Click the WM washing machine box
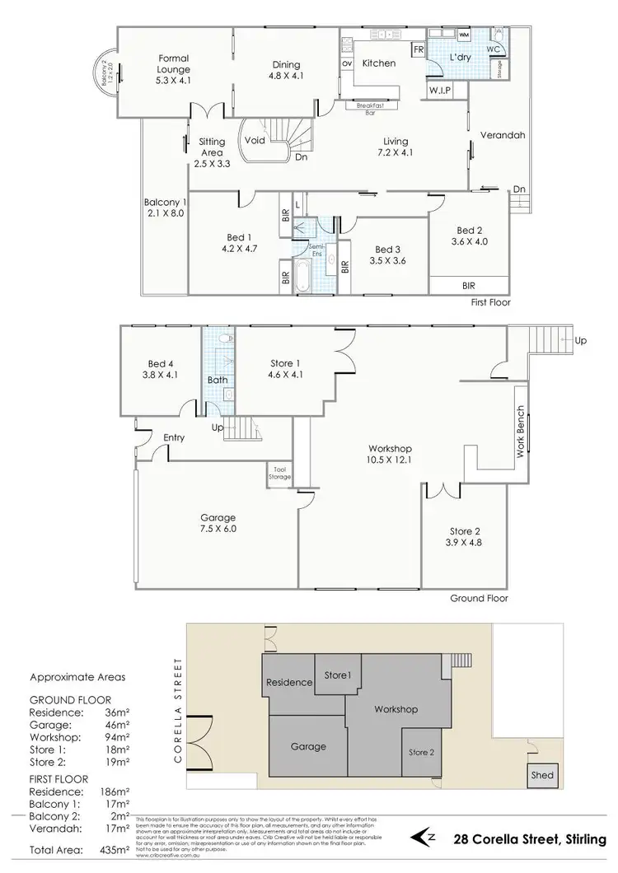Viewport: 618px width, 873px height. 463,35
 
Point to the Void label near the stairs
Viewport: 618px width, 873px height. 255,140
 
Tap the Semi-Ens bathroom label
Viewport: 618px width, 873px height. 314,250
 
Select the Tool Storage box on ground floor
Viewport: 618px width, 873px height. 279,473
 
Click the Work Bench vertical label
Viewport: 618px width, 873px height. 520,432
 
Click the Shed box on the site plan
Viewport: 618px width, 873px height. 541,776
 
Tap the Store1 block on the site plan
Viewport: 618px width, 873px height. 337,675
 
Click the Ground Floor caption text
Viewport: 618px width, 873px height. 480,599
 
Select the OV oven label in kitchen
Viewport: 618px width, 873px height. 347,63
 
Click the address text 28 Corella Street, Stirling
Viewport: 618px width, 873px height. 530,839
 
